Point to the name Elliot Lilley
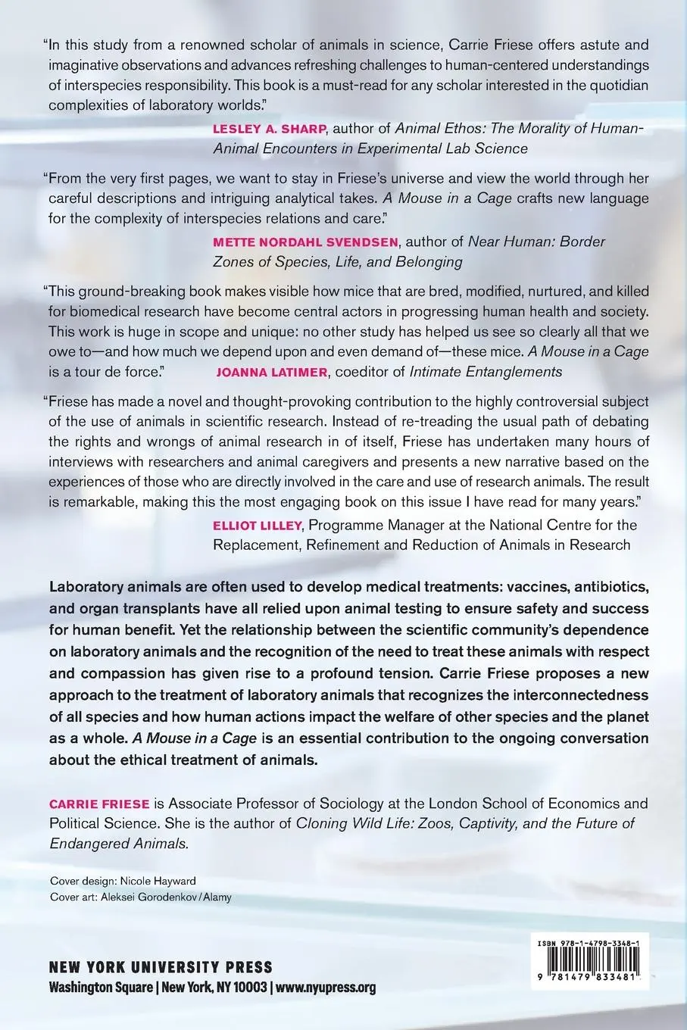255,525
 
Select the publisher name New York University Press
160,967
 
